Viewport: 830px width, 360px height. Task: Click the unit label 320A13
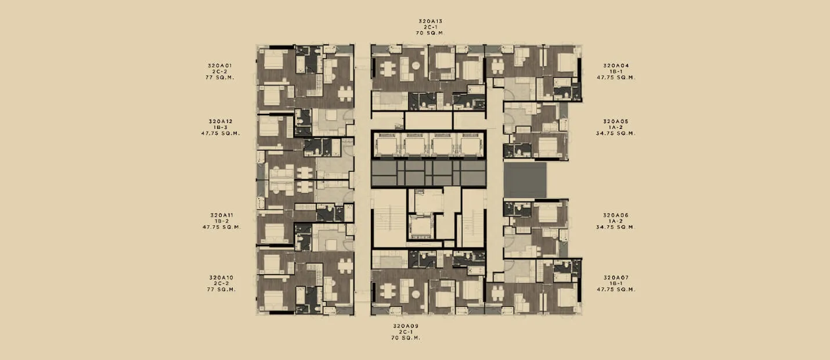coord(430,21)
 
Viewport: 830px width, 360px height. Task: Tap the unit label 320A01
coord(220,66)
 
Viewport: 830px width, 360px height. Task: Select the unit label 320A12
coord(221,121)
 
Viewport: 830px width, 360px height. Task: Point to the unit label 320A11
coord(222,215)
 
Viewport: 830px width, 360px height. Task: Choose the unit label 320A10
coord(221,278)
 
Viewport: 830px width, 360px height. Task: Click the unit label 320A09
coord(406,326)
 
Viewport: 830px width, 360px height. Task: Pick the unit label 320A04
coord(616,66)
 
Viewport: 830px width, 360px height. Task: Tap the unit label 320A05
coord(615,121)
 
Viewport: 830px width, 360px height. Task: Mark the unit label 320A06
coord(615,215)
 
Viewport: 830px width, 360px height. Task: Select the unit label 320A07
coord(616,278)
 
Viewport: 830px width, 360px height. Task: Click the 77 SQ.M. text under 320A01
coord(220,77)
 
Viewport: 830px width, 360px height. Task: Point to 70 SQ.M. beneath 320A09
coord(406,338)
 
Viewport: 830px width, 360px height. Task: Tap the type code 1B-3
coord(221,127)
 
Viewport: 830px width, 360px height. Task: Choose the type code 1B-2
coord(222,221)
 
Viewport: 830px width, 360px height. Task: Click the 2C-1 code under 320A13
coord(430,27)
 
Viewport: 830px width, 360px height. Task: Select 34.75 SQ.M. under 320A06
coord(615,227)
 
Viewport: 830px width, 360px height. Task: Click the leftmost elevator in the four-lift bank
coord(387,145)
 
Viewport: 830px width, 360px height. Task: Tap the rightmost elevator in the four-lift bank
coord(471,145)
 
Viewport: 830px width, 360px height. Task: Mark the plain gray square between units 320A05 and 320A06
coord(525,180)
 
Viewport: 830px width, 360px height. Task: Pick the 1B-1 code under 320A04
coord(616,71)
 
